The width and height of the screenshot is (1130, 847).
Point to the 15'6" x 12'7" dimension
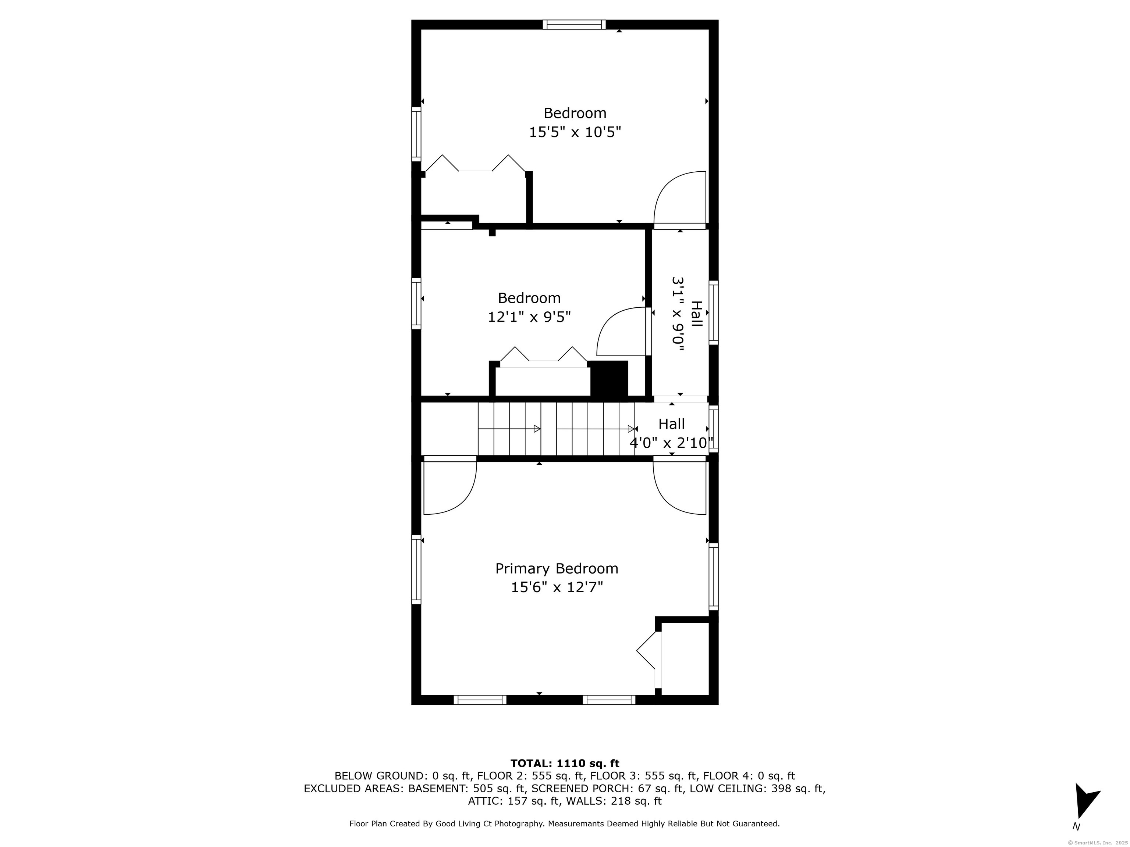click(x=557, y=587)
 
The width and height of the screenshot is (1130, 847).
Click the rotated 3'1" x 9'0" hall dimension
click(x=678, y=314)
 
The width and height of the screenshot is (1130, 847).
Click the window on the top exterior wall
click(x=574, y=25)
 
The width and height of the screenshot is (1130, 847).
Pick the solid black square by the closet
click(x=609, y=378)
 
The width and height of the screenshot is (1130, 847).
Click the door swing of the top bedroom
click(x=680, y=199)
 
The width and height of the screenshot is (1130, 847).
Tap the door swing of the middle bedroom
click(x=623, y=331)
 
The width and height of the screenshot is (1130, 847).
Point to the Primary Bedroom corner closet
click(x=685, y=659)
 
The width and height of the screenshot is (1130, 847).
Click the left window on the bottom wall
click(x=480, y=700)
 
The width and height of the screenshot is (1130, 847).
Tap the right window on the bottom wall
click(x=609, y=700)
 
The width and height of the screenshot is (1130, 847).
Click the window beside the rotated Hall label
click(x=714, y=312)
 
